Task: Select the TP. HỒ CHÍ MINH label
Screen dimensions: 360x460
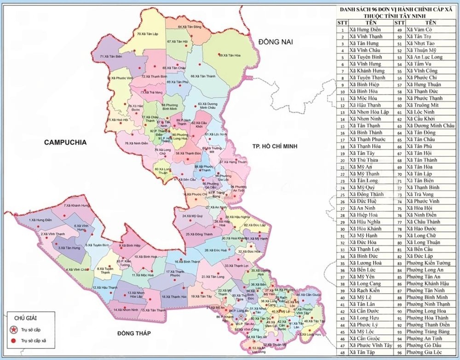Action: click(x=272, y=146)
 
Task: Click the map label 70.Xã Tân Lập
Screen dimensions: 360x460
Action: click(x=147, y=34)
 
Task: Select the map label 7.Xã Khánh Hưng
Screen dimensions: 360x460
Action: click(x=76, y=206)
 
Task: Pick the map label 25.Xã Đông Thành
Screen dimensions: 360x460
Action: click(x=198, y=234)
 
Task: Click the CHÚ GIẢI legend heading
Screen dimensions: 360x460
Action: click(x=25, y=318)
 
